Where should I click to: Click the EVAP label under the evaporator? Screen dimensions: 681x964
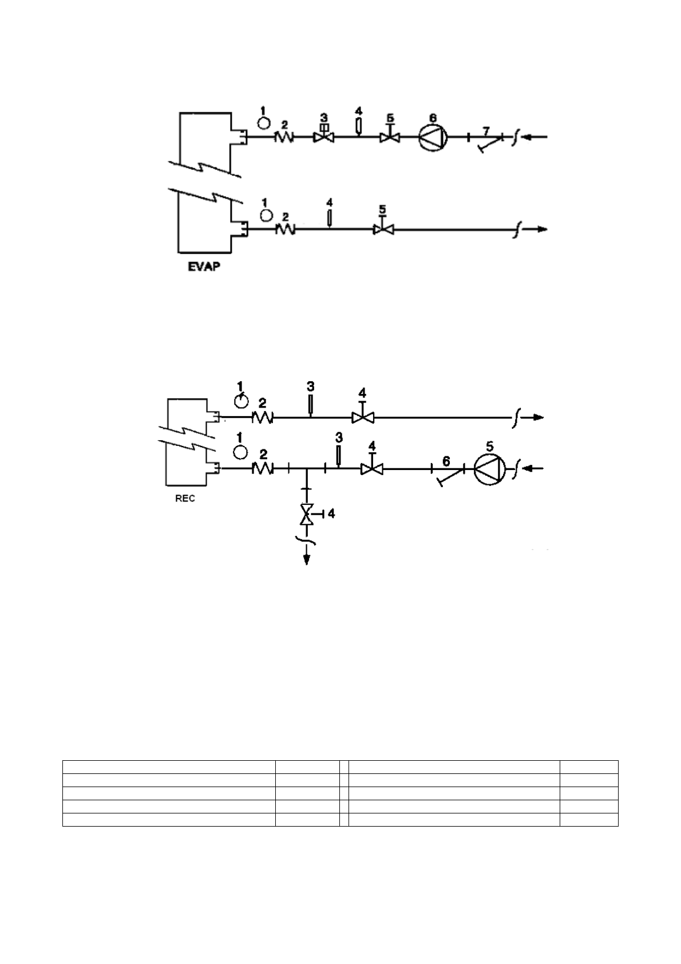204,267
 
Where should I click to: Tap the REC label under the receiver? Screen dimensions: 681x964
185,498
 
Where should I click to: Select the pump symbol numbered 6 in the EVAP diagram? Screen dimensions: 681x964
433,137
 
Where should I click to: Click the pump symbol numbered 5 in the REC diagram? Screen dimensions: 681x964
489,468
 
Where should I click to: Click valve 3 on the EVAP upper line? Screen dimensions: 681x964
323,137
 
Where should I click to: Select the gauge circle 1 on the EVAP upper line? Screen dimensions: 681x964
264,122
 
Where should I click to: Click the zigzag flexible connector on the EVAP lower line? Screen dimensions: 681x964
284,230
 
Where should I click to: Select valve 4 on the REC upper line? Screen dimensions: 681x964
362,418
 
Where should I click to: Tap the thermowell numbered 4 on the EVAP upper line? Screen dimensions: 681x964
358,125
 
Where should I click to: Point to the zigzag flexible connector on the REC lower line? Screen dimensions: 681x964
263,469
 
